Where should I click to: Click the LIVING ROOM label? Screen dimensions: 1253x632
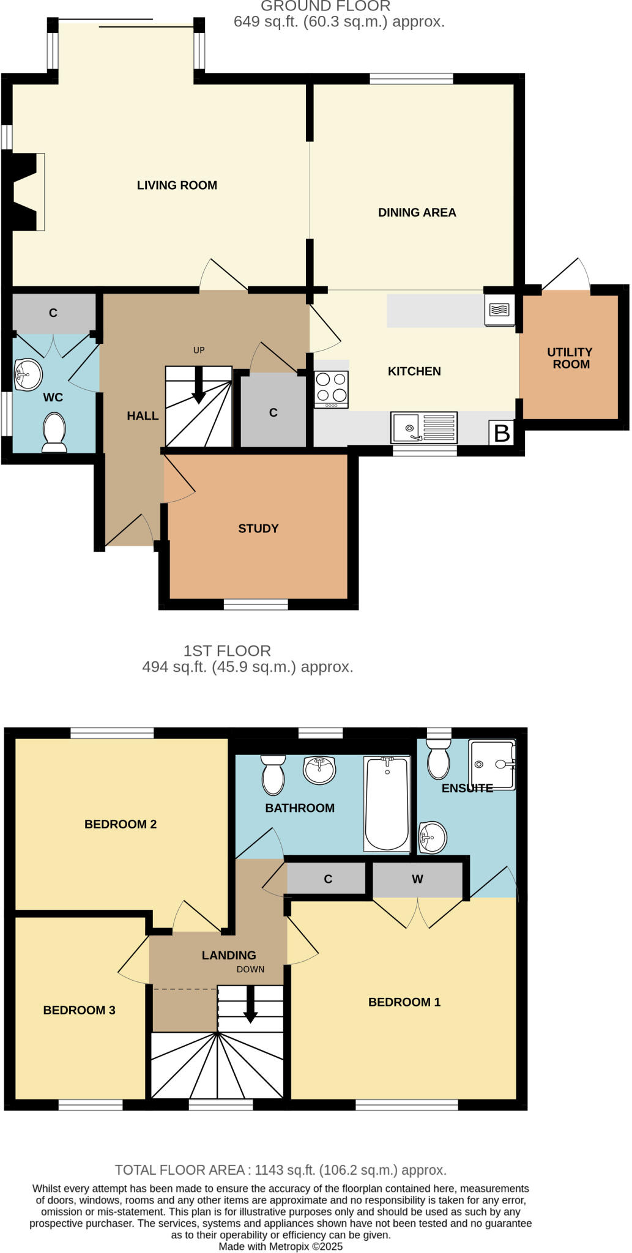tap(177, 185)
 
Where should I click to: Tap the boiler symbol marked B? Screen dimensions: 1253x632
tap(501, 433)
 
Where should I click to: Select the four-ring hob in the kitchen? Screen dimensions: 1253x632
tap(331, 389)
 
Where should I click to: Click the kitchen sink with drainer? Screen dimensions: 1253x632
tap(423, 427)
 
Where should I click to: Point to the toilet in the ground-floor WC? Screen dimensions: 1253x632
tap(54, 431)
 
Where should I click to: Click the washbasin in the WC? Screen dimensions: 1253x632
tap(28, 374)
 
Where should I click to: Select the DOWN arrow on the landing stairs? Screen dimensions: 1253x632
tap(250, 1004)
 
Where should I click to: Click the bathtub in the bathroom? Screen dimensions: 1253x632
tap(387, 803)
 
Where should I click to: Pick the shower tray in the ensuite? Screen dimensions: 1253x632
tap(492, 764)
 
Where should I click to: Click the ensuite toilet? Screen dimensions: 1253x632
tap(438, 758)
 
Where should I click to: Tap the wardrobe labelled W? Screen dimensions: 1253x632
tap(417, 879)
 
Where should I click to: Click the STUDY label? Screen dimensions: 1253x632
tap(258, 529)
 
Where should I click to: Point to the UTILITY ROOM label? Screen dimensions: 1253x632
tap(570, 358)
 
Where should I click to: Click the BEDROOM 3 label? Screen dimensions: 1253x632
tap(79, 1010)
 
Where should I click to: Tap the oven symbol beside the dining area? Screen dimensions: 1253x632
tap(499, 310)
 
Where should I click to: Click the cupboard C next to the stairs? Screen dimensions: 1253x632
tap(273, 413)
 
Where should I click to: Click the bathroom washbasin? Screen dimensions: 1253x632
tap(319, 770)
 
